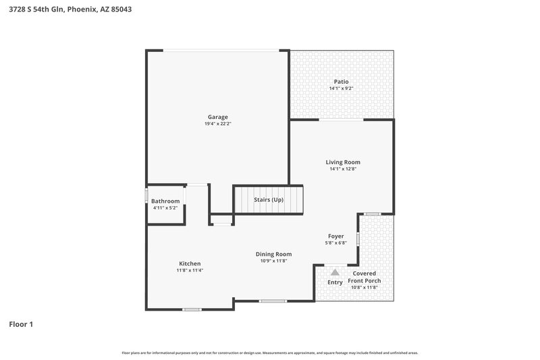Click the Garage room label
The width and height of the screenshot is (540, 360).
(217, 117)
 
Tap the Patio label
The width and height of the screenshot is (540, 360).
(342, 82)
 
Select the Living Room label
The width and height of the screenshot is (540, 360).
(343, 162)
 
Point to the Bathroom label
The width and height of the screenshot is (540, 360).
(165, 201)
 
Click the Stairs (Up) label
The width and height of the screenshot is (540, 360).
(269, 200)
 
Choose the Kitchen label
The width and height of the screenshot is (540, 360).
(190, 263)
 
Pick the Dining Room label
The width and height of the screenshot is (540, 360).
(274, 254)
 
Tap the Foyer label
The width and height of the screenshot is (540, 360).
(335, 236)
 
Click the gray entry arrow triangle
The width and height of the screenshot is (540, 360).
(335, 272)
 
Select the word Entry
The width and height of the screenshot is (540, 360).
(335, 282)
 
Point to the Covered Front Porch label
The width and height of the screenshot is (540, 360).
(364, 277)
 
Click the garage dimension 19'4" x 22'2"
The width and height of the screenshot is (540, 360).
(217, 124)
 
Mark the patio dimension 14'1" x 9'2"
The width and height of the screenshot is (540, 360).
(342, 88)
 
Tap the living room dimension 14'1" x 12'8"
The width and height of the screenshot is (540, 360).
(343, 169)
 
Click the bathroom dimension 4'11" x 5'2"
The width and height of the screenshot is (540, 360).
(165, 208)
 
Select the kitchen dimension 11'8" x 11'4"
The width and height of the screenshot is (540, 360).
(190, 270)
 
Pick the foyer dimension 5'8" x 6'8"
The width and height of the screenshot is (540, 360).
(335, 243)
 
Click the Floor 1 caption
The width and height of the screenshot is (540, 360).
(21, 324)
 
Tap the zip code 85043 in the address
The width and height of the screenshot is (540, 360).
(122, 9)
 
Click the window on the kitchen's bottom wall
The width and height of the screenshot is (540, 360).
(192, 310)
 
